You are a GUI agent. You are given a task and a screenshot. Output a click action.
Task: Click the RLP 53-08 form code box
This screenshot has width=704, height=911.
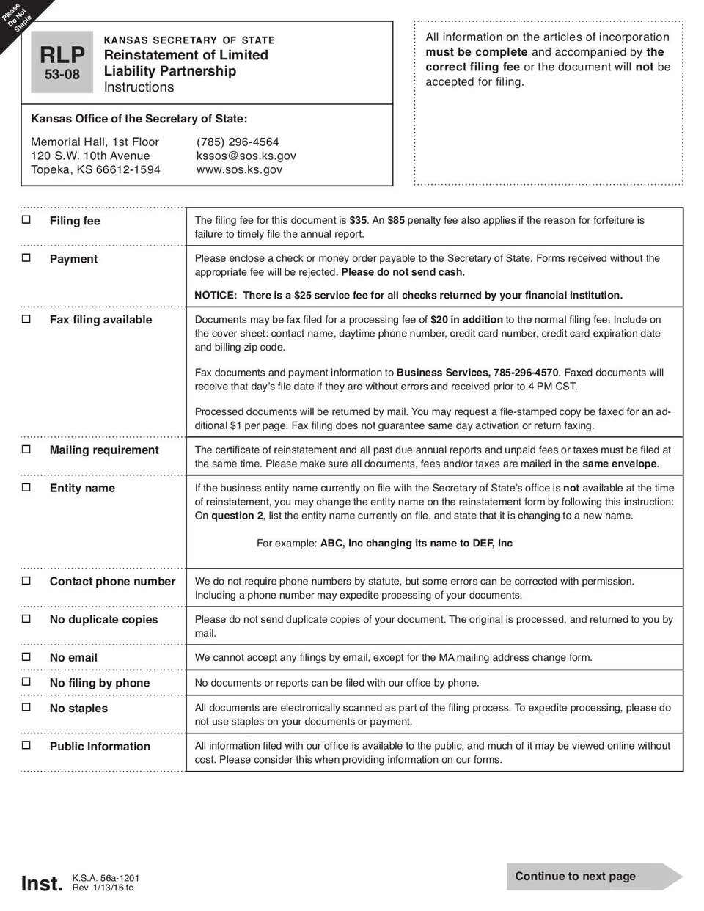62,62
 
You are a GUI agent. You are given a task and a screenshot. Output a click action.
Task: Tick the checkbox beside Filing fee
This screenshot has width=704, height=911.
26,219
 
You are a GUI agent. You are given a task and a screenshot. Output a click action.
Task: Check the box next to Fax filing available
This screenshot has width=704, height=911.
26,318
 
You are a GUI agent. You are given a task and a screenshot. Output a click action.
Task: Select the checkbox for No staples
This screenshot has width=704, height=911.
26,707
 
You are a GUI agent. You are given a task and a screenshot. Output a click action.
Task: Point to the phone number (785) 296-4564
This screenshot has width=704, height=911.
238,142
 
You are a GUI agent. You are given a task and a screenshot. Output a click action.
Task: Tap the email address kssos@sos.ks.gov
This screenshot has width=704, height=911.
246,156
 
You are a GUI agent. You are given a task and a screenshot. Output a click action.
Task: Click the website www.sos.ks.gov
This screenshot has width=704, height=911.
239,170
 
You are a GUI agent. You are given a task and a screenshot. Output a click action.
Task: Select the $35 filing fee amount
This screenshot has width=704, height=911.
359,220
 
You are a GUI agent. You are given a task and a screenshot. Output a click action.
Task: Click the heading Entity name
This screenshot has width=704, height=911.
82,489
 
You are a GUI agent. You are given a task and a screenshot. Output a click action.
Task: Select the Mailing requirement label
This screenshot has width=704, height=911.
104,450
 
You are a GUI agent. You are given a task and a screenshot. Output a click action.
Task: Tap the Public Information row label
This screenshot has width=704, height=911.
100,747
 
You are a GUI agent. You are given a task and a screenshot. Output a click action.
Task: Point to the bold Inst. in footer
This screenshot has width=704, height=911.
42,884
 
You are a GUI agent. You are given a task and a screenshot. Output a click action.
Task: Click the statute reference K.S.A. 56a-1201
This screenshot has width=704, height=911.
106,879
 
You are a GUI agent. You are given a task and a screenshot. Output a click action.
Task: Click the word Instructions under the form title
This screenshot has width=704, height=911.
139,87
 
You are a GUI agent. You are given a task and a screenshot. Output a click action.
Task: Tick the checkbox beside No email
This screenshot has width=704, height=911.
26,656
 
